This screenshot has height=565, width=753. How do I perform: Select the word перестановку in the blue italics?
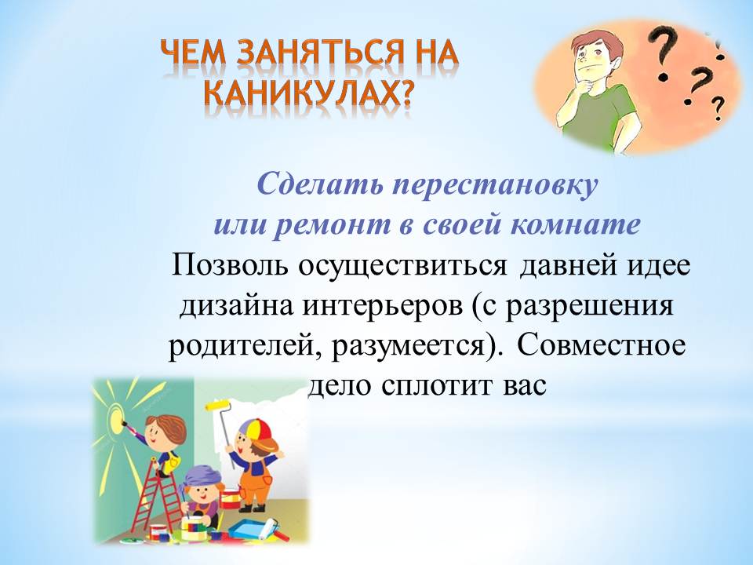(x=495, y=184)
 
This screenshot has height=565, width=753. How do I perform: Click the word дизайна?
(x=236, y=307)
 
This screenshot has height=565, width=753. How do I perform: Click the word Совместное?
(x=602, y=346)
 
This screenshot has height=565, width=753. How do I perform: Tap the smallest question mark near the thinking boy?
(x=718, y=108)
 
